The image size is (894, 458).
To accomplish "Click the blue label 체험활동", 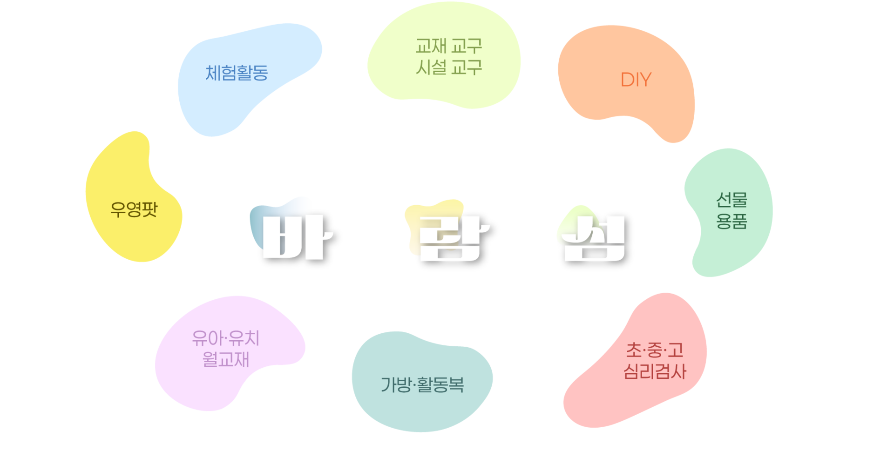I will click(237, 73).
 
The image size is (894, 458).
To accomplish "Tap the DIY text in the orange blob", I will click(636, 80).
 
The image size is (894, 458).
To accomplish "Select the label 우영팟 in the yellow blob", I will click(134, 209).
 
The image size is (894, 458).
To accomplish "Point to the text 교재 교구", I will click(448, 46).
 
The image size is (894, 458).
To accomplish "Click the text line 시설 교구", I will click(448, 68).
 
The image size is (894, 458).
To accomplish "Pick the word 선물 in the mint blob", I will click(731, 200).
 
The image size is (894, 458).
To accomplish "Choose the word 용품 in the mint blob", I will click(731, 221).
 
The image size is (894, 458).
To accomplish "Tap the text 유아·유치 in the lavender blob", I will click(225, 338).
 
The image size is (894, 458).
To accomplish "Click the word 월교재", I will click(225, 359).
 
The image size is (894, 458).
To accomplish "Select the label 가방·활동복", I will click(422, 384).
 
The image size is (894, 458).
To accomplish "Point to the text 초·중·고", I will click(654, 350).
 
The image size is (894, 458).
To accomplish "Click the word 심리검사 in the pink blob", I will click(654, 371).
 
